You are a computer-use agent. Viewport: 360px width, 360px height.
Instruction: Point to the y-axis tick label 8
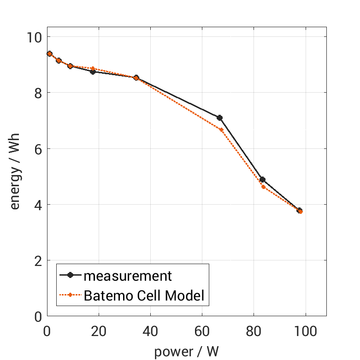click(36, 93)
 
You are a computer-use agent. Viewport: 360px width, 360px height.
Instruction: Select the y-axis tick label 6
click(36, 149)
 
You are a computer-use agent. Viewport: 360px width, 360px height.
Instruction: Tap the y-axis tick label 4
click(36, 205)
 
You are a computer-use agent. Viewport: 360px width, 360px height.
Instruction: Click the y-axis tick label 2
click(36, 261)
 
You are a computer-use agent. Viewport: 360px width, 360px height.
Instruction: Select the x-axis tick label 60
click(202, 331)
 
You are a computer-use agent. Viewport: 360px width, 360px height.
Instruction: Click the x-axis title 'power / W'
click(186, 351)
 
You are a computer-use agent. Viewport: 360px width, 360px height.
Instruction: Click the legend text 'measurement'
click(128, 276)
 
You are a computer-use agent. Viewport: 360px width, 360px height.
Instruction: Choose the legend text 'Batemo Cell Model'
click(144, 295)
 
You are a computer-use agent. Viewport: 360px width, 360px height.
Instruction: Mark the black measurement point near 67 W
click(220, 118)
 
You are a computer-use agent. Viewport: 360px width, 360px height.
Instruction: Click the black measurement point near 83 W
click(262, 179)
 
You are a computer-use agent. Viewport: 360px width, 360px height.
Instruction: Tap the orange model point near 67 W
click(221, 130)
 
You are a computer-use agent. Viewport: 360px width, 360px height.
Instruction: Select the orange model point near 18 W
click(93, 68)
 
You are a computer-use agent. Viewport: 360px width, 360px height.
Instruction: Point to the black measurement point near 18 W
click(93, 71)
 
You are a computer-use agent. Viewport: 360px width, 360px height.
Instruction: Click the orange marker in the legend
click(71, 295)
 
